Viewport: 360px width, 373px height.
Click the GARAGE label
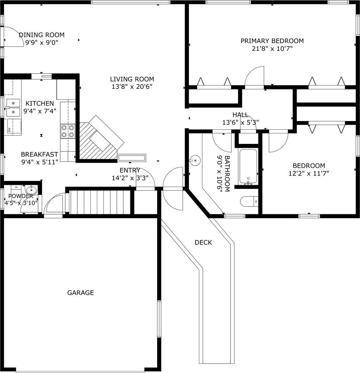pyautogui.click(x=81, y=293)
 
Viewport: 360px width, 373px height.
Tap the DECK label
pyautogui.click(x=203, y=243)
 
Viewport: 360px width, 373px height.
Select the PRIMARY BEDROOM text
pyautogui.click(x=272, y=41)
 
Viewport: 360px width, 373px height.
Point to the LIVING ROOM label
pyautogui.click(x=132, y=79)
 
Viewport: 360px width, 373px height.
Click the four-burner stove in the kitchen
pyautogui.click(x=68, y=131)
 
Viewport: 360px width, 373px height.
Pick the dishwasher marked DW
pyautogui.click(x=14, y=127)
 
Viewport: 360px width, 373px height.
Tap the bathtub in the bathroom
pyautogui.click(x=248, y=166)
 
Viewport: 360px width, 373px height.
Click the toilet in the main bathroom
pyautogui.click(x=249, y=202)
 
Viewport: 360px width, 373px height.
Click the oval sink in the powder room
pyautogui.click(x=32, y=190)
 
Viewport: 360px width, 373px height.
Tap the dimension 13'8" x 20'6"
pyautogui.click(x=132, y=87)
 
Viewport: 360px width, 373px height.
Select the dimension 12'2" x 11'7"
pyautogui.click(x=309, y=173)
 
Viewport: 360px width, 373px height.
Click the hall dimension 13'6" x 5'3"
pyautogui.click(x=241, y=123)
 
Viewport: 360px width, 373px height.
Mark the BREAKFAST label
pyautogui.click(x=40, y=154)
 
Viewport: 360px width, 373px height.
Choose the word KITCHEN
pyautogui.click(x=40, y=103)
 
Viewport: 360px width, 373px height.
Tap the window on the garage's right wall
pyautogui.click(x=159, y=319)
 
